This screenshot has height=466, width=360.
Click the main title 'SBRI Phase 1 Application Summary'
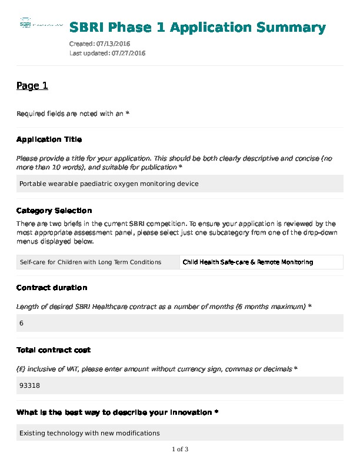198,28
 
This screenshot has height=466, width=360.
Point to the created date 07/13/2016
116,44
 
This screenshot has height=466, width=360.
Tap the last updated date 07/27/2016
124,53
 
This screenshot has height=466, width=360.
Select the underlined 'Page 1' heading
32,86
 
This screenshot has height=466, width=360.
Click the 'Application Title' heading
49,139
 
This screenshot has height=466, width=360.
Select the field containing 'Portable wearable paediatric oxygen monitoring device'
179,184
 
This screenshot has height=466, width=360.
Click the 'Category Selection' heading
54,211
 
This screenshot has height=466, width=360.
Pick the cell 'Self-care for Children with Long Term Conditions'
91,262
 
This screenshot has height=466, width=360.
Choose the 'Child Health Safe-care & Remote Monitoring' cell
248,262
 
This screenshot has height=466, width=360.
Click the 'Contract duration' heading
52,288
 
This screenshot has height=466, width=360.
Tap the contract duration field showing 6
179,323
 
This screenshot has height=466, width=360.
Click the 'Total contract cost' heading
54,350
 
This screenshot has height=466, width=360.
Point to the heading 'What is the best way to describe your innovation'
117,412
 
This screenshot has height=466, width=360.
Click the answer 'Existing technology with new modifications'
89,433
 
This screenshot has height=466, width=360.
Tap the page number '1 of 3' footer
180,450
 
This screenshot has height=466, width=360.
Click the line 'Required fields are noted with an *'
72,114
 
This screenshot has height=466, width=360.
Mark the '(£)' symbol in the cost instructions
21,369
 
